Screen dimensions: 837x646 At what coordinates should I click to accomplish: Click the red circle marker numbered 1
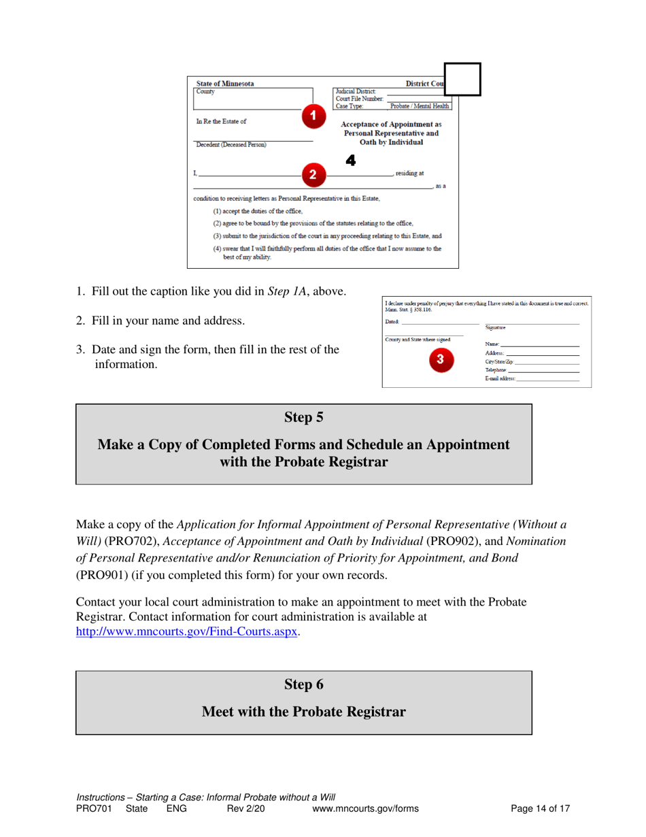[312, 116]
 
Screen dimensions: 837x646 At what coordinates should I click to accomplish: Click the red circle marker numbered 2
[312, 174]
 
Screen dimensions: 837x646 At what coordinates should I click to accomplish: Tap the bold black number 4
[351, 161]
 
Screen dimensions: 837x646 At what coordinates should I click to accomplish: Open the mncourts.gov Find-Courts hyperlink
[187, 631]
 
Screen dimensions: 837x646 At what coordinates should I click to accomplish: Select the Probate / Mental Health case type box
[419, 106]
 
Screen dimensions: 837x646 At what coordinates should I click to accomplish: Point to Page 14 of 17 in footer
[540, 809]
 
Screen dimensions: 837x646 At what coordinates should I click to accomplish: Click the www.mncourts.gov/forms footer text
[364, 809]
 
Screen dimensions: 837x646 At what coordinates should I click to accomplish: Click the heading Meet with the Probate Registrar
[303, 712]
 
